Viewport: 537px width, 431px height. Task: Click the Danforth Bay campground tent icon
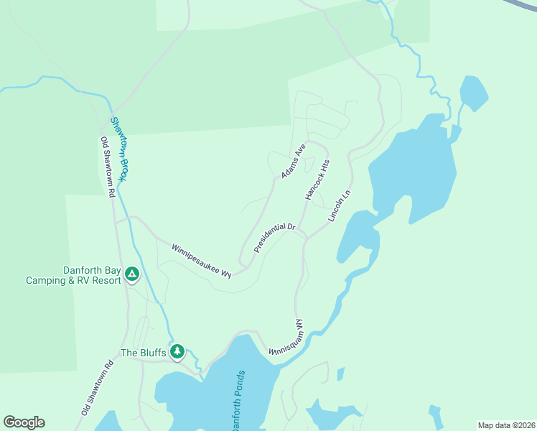pyautogui.click(x=132, y=274)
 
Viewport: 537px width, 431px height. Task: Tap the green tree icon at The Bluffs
pyautogui.click(x=177, y=352)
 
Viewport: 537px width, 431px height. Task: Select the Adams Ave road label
pyautogui.click(x=294, y=161)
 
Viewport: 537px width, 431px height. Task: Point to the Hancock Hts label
pyautogui.click(x=317, y=179)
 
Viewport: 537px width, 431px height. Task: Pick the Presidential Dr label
pyautogui.click(x=275, y=238)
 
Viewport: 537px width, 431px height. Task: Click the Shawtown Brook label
pyautogui.click(x=118, y=149)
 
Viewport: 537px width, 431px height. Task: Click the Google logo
pyautogui.click(x=24, y=422)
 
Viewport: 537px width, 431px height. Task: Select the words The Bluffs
pyautogui.click(x=143, y=353)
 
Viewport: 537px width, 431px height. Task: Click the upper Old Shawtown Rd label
pyautogui.click(x=108, y=167)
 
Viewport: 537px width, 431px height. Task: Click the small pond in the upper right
pyautogui.click(x=474, y=92)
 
